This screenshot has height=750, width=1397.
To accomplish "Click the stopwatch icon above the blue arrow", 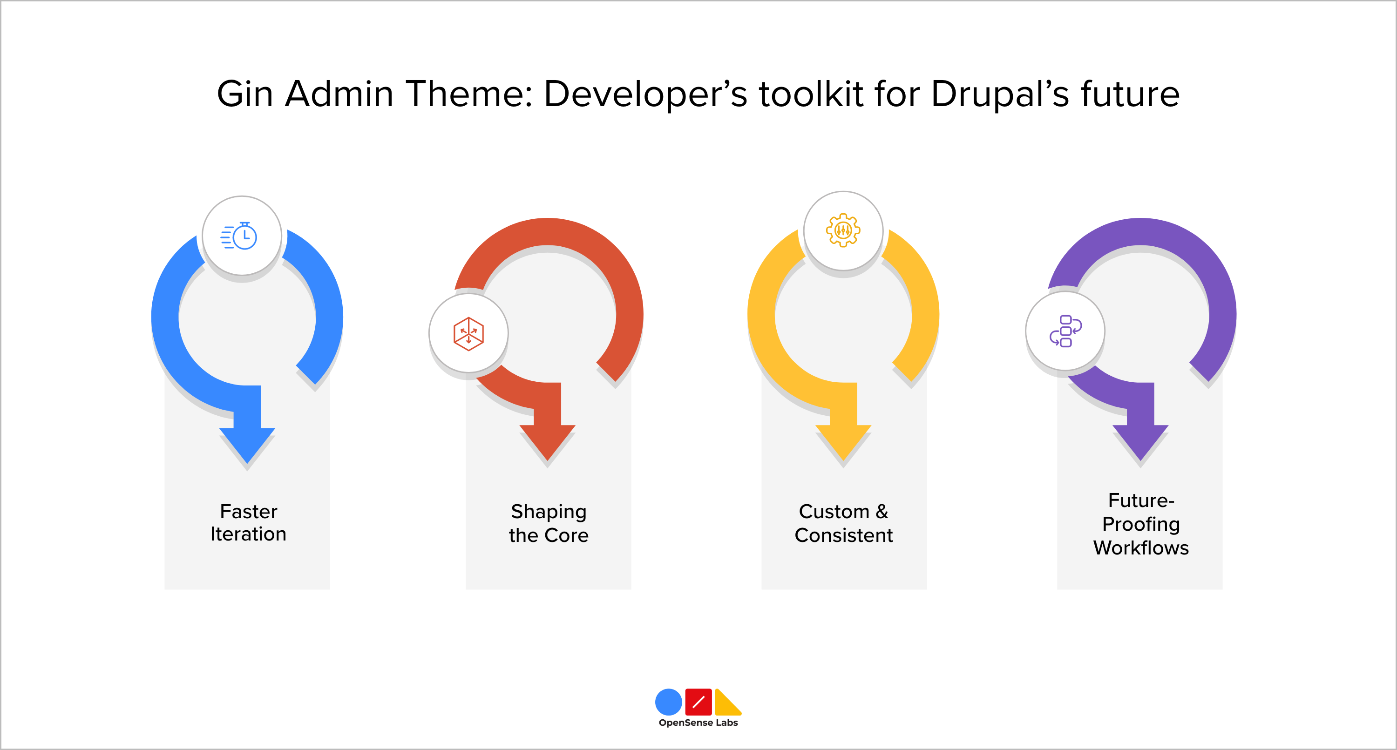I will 239,236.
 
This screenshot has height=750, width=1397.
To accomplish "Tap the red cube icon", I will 468,333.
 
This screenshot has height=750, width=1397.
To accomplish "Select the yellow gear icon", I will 843,230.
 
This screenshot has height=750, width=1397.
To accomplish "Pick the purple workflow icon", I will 1065,331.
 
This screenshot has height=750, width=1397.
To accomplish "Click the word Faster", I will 248,511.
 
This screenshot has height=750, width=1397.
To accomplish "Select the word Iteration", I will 248,534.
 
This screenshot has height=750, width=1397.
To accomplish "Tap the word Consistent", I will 843,535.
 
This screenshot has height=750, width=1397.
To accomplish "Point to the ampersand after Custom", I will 882,511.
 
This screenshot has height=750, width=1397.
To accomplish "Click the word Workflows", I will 1140,548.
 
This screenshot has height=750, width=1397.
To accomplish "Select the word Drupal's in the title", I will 999,94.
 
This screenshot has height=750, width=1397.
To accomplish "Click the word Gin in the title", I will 244,94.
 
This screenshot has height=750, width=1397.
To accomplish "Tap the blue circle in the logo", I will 668,702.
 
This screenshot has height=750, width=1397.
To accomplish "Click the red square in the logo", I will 698,702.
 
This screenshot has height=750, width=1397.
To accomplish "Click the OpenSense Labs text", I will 698,723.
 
